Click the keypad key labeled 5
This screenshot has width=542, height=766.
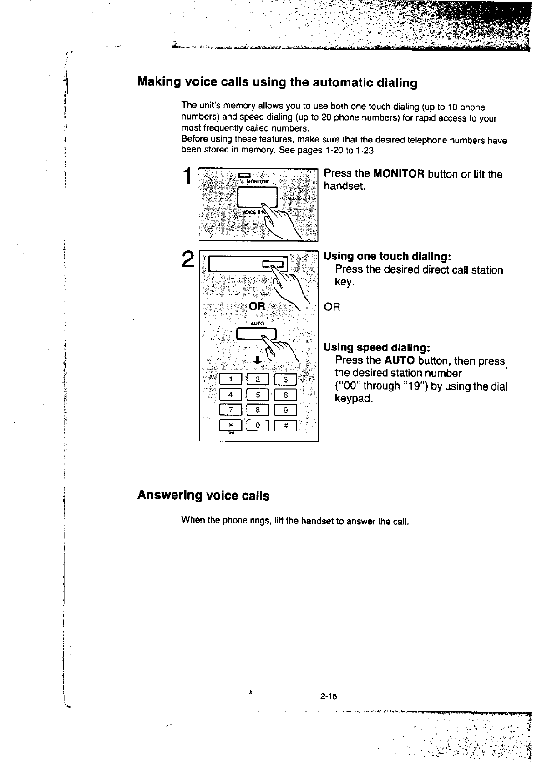[x=258, y=395]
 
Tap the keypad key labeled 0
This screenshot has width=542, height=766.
[x=258, y=426]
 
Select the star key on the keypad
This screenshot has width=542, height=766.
[x=230, y=426]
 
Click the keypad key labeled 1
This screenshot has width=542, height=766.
[x=230, y=380]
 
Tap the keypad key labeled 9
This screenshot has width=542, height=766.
[x=285, y=410]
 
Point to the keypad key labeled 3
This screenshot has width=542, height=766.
[x=285, y=380]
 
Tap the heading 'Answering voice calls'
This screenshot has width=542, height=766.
[x=203, y=496]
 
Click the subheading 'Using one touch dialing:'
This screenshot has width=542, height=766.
[x=387, y=256]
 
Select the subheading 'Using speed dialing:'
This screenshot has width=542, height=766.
[x=376, y=348]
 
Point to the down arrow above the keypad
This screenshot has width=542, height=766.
[x=257, y=360]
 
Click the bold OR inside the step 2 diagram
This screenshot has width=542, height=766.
[x=257, y=306]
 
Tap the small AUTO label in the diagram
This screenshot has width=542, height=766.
[x=257, y=323]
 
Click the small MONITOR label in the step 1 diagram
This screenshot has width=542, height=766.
[x=258, y=181]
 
